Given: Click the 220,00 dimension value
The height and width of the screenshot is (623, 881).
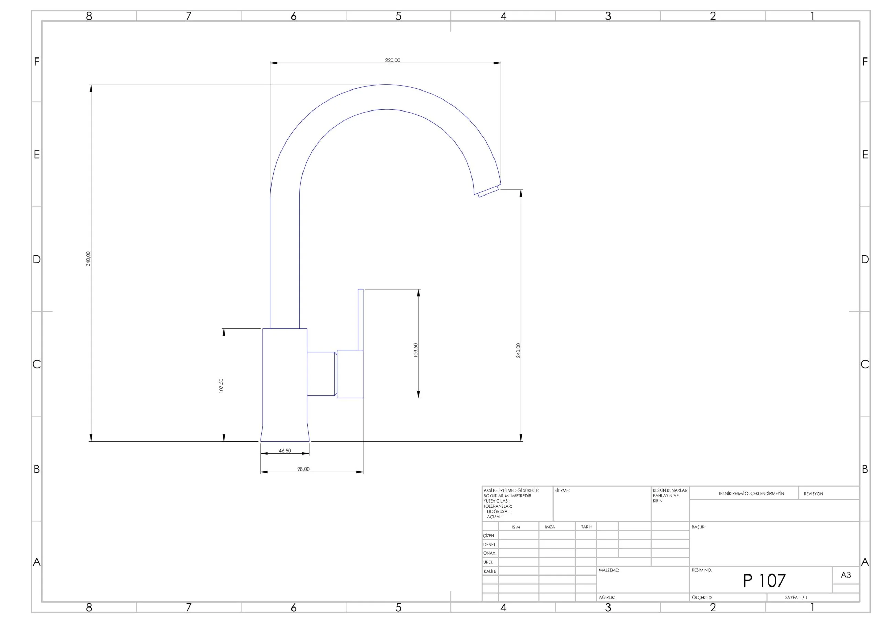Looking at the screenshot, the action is pos(392,60).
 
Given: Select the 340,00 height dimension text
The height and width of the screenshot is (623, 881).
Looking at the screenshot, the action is pos(88,259).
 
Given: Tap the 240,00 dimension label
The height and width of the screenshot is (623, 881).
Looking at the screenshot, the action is pos(518,350).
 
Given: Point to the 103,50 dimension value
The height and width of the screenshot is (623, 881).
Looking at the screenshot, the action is pos(416,350).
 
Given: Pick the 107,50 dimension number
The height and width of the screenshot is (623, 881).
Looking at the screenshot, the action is pos(221,386).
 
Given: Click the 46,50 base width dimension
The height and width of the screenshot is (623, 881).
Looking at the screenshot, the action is pos(285,451).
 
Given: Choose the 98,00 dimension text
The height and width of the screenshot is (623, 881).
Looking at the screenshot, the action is pos(303,469).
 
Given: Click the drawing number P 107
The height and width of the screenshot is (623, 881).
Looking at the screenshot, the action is pos(764,580).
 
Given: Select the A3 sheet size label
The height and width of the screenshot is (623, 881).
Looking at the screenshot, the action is pos(846,575).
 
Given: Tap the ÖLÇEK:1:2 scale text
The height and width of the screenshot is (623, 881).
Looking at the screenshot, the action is pos(702,597).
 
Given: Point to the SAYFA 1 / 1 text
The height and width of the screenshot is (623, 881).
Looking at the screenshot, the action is pos(796,597).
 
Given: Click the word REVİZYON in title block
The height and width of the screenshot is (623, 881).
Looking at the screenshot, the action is pos(814,494).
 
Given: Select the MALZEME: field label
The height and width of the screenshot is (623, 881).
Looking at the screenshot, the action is pos(609,570).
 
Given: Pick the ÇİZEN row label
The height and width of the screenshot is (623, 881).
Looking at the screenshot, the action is pos(488,536).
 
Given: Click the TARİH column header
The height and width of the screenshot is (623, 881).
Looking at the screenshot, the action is pos(586,527).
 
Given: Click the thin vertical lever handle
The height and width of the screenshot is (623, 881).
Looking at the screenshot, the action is pos(360,320).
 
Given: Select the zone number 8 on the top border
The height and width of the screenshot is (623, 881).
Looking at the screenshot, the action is pos(89,16).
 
